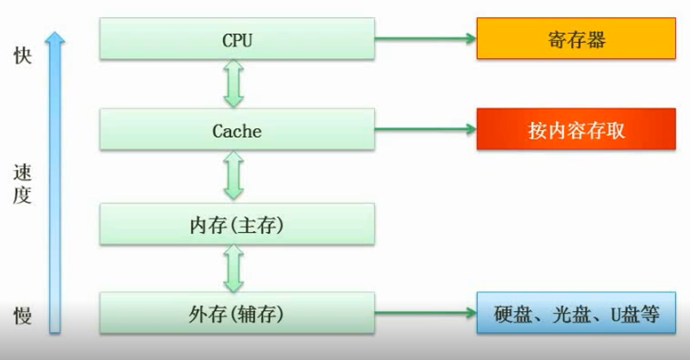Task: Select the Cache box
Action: click(236, 129)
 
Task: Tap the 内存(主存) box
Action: click(236, 224)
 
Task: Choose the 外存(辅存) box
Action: click(236, 313)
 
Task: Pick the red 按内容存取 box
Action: click(576, 129)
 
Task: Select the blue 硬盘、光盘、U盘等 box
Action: click(576, 313)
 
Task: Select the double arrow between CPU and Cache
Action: click(233, 84)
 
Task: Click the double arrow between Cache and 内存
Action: click(233, 175)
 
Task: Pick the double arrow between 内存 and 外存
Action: click(233, 268)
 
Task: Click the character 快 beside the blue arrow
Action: click(22, 56)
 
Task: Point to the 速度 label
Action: click(22, 185)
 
